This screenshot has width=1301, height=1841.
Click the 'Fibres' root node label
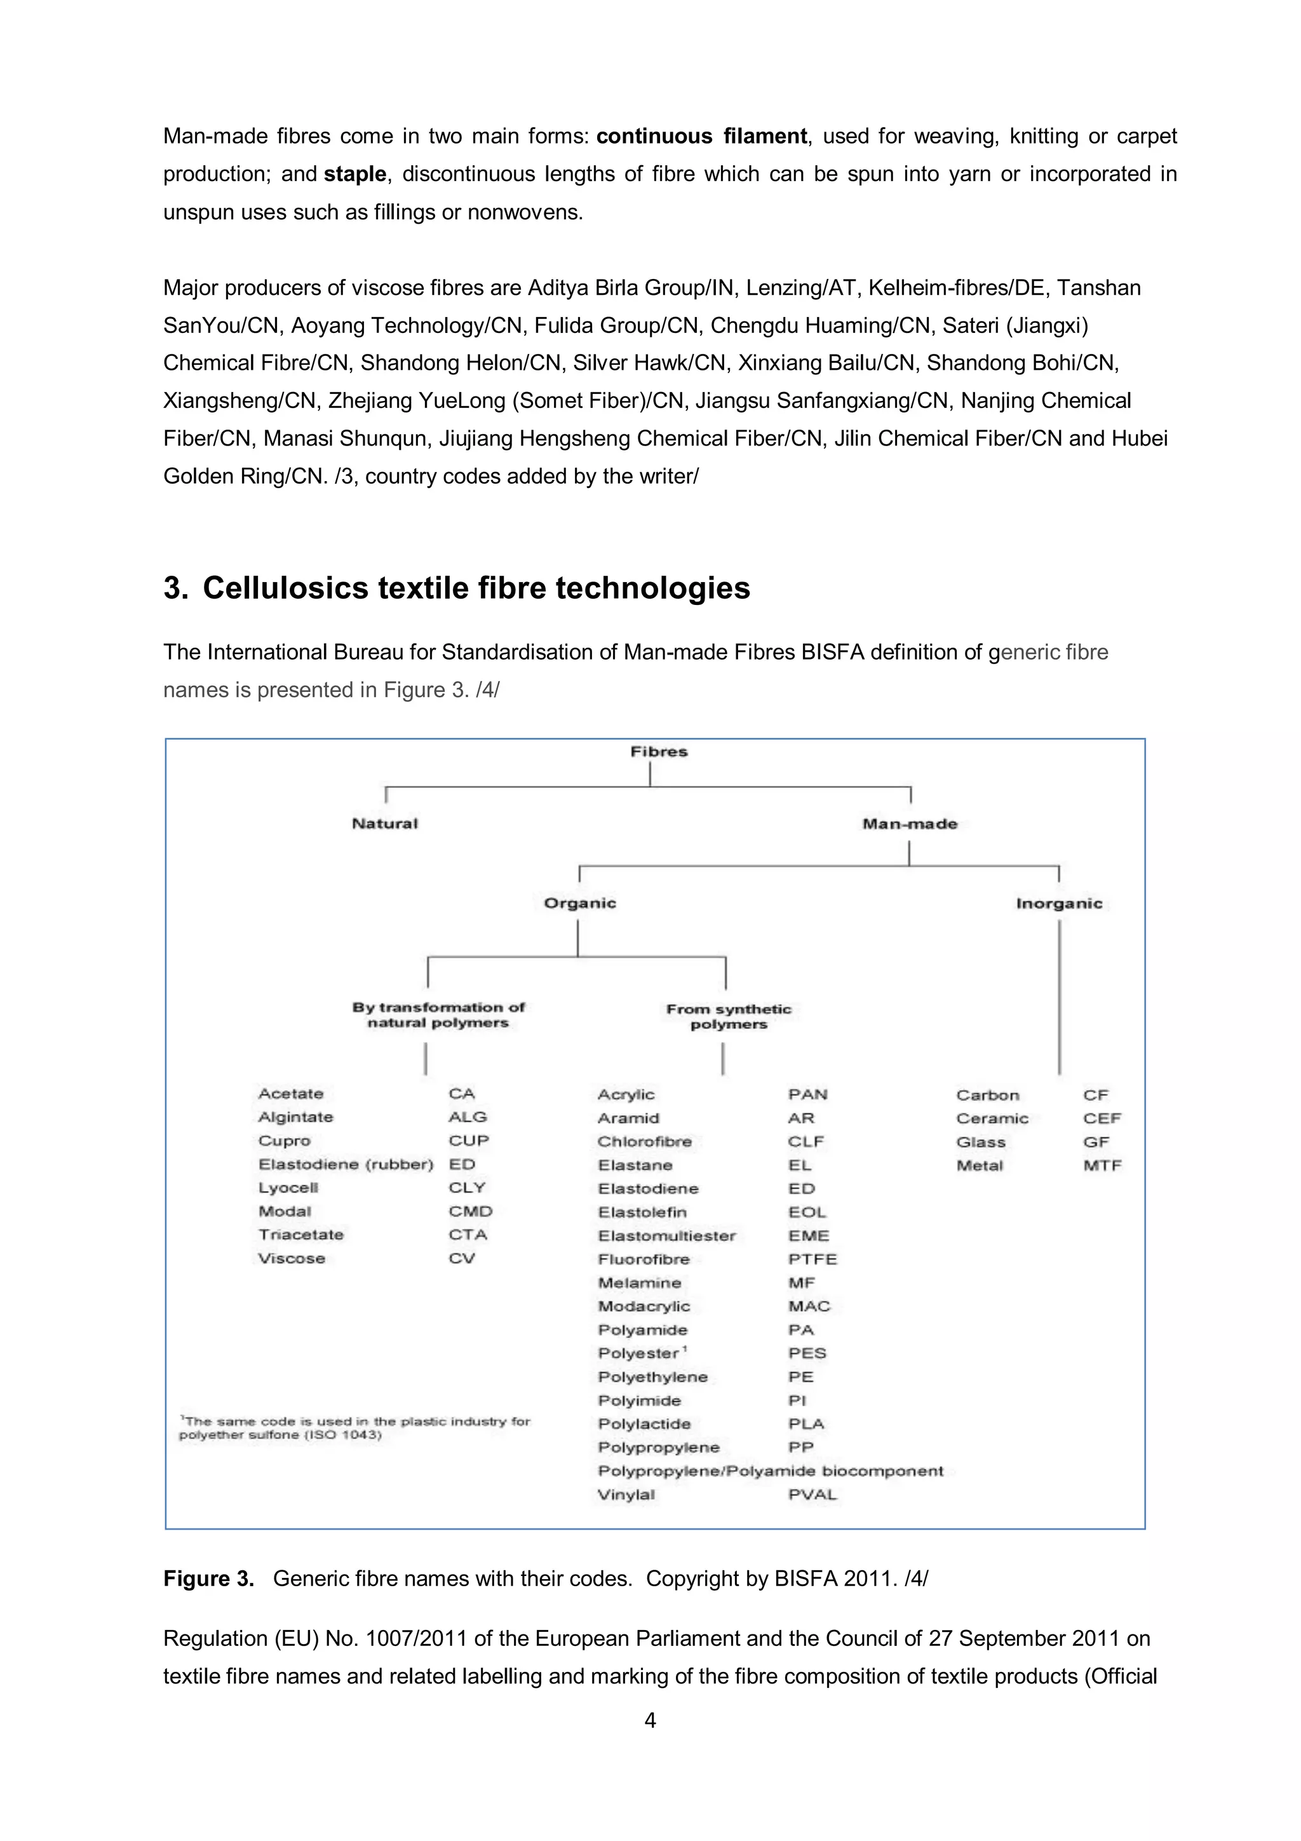658,751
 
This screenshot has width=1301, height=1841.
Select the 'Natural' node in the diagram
385,824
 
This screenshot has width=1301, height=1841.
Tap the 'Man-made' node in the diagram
909,824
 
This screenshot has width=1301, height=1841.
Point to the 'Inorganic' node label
1059,904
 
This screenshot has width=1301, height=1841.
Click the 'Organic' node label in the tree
579,903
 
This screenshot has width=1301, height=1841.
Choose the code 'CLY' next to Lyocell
466,1188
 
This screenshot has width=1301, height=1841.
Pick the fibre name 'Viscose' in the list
292,1258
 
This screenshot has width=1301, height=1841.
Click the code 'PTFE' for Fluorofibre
812,1259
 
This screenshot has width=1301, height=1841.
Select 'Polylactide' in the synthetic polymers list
644,1424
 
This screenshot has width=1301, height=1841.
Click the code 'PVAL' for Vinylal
812,1495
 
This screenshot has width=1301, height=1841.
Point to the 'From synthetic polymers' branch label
728,1017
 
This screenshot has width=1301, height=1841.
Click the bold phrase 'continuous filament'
701,136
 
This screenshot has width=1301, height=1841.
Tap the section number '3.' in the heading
175,588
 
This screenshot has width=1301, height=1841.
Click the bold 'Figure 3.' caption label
208,1578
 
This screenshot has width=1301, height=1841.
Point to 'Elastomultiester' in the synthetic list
666,1235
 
